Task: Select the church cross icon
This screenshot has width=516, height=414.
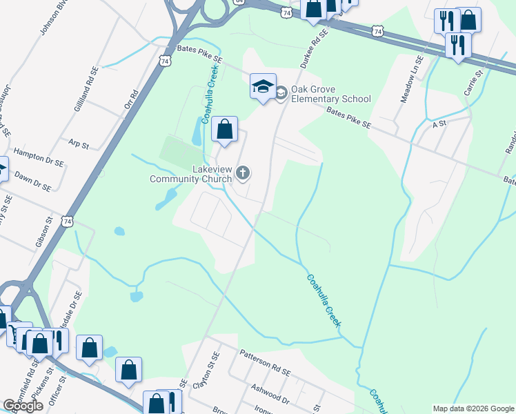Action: point(243,172)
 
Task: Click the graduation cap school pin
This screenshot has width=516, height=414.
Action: point(263,86)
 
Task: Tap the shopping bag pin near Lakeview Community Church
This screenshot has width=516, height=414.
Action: point(224,129)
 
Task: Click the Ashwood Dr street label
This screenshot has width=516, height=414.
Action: point(270,393)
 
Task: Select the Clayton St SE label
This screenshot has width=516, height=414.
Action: point(206,377)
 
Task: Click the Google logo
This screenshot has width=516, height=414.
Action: point(23,406)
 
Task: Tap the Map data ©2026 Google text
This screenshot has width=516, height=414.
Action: point(473,408)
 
